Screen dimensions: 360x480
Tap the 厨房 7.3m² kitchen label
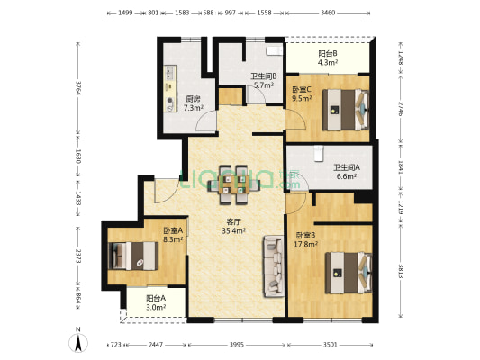(x=193, y=103)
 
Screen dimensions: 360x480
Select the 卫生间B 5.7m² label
(x=263, y=81)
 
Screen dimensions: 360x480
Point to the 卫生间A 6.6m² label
(x=347, y=172)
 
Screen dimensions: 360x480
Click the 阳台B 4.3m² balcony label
(x=328, y=58)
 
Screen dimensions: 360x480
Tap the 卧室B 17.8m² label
(x=307, y=241)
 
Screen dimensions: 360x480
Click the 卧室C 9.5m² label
(x=302, y=94)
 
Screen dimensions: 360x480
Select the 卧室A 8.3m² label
(x=173, y=236)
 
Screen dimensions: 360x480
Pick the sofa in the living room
(x=273, y=265)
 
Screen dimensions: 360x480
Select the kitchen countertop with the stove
(x=171, y=87)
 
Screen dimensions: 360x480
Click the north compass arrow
(x=79, y=339)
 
